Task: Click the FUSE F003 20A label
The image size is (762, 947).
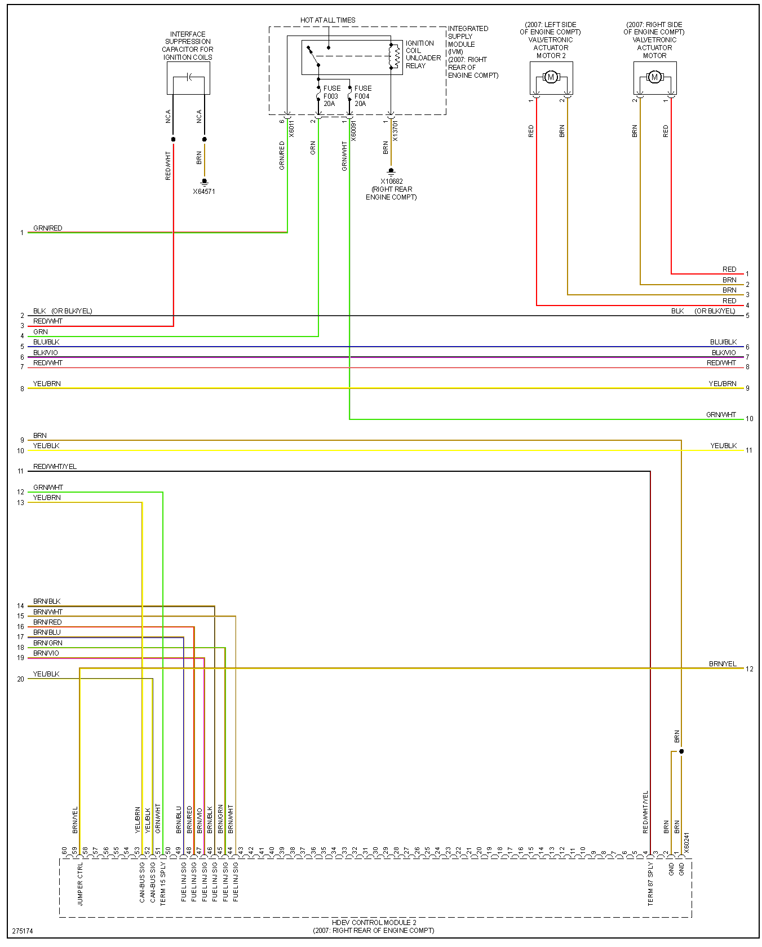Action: pyautogui.click(x=331, y=96)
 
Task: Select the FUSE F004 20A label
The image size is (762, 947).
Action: pyautogui.click(x=362, y=96)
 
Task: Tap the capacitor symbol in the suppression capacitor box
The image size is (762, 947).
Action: pyautogui.click(x=189, y=77)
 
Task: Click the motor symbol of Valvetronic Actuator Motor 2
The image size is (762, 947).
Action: pyautogui.click(x=551, y=77)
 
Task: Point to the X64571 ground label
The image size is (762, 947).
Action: pyautogui.click(x=204, y=192)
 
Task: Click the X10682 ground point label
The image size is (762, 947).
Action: pyautogui.click(x=392, y=182)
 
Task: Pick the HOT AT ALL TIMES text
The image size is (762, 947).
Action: pyautogui.click(x=327, y=20)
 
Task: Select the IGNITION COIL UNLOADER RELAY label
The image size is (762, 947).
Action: pyautogui.click(x=423, y=54)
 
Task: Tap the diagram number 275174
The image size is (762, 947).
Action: pyautogui.click(x=23, y=931)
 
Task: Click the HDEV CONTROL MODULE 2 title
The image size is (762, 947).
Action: pyautogui.click(x=374, y=923)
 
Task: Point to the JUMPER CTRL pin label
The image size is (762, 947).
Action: pyautogui.click(x=80, y=884)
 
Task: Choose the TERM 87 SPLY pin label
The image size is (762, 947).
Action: pyautogui.click(x=650, y=884)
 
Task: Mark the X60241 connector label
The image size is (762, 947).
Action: pyautogui.click(x=686, y=842)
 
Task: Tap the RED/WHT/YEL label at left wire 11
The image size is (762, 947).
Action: pyautogui.click(x=55, y=467)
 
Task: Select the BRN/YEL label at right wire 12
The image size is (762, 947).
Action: pyautogui.click(x=723, y=664)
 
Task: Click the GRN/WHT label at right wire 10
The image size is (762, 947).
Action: pyautogui.click(x=721, y=415)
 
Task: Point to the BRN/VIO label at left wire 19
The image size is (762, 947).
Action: pyautogui.click(x=46, y=653)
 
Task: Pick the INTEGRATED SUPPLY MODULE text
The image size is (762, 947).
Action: pyautogui.click(x=468, y=37)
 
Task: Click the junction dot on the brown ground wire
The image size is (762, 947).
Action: pyautogui.click(x=681, y=751)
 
